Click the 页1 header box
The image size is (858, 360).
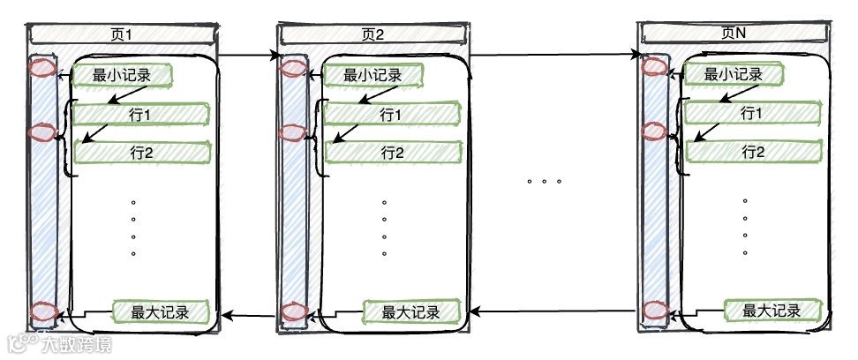point(122,34)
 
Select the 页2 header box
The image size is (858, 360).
point(373,34)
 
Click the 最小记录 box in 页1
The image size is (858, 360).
point(122,75)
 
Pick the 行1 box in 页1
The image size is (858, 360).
point(141,115)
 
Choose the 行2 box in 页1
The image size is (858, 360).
point(141,153)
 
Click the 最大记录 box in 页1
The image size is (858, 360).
point(163,311)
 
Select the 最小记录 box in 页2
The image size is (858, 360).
point(373,75)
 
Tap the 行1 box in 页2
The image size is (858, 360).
point(391,115)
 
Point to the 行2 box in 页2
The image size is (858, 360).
point(391,153)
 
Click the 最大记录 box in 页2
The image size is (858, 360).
point(413,311)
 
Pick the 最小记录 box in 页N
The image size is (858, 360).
point(734,75)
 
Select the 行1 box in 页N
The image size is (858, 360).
point(751,114)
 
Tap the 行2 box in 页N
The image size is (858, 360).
point(751,152)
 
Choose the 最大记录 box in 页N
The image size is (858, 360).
point(772,311)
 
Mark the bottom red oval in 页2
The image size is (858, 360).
point(293,311)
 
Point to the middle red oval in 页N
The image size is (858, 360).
point(654,131)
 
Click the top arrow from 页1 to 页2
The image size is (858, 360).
point(247,57)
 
